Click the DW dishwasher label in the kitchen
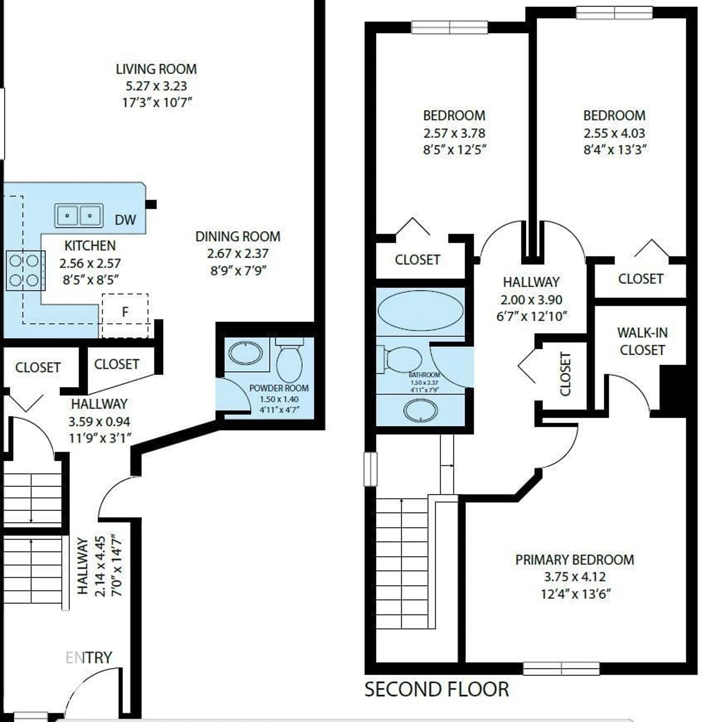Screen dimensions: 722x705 pos(125,220)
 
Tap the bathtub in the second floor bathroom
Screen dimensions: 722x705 pos(420,310)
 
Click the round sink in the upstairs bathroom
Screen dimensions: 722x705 pos(420,410)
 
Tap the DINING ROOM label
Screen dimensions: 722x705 pos(238,236)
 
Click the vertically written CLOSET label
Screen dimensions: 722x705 pos(565,374)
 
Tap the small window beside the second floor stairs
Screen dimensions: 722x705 pos(371,469)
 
